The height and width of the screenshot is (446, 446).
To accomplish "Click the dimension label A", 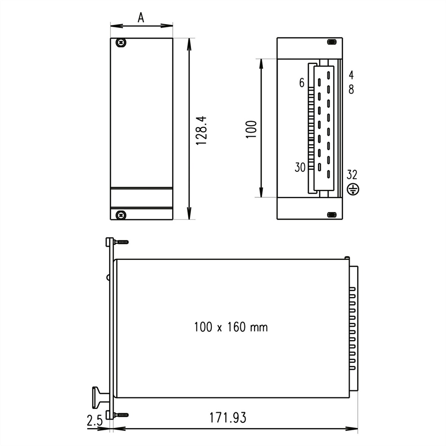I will point(141,17).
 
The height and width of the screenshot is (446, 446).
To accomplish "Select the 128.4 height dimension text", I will point(201,131).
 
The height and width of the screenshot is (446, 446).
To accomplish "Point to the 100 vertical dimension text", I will point(252,129).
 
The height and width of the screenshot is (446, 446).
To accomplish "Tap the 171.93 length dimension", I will point(227,418).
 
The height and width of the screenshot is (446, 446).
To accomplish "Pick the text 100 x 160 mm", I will point(231,327).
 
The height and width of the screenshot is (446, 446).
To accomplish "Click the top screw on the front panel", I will point(121,43).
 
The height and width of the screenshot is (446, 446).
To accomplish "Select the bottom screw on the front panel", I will point(121,215).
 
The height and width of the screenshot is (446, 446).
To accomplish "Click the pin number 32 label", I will point(352,175).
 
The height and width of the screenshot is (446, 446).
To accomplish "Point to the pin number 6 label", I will point(301,83).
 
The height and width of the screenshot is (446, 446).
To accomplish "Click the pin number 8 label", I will point(351,90).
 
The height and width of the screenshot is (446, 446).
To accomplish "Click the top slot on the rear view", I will point(332,42).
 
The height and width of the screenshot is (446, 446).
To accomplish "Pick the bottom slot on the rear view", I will point(332,215).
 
